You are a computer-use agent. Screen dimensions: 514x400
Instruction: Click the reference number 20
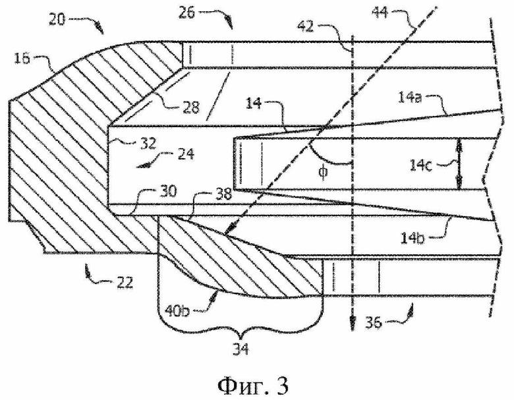[x=57, y=20]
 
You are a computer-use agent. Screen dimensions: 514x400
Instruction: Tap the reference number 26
[x=187, y=13]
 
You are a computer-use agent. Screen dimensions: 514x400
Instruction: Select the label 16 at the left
[x=22, y=59]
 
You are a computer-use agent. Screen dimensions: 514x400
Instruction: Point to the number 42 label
[x=306, y=26]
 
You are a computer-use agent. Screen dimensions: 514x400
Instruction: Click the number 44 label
[x=380, y=13]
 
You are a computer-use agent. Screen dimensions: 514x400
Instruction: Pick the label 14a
[x=410, y=98]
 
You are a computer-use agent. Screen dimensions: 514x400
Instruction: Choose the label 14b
[x=413, y=238]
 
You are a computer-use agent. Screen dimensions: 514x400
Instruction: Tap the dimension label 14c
[x=421, y=165]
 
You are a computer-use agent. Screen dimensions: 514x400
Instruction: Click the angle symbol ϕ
[x=323, y=172]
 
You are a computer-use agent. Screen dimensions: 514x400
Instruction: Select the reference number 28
[x=190, y=107]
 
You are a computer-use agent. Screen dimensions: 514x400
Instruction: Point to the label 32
[x=148, y=143]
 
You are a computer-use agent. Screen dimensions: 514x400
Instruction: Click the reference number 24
[x=186, y=154]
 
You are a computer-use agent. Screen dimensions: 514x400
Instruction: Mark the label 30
[x=168, y=191]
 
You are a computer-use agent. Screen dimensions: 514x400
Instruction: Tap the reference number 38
[x=223, y=194]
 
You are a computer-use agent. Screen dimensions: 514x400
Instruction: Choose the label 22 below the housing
[x=124, y=282]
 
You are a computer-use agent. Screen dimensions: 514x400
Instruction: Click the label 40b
[x=177, y=311]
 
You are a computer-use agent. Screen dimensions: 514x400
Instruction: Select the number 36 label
[x=374, y=323]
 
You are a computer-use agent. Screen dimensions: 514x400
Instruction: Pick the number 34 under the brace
[x=241, y=349]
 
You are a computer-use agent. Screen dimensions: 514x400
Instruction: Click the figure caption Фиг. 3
[x=253, y=386]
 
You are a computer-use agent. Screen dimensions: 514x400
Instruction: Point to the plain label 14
[x=254, y=103]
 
